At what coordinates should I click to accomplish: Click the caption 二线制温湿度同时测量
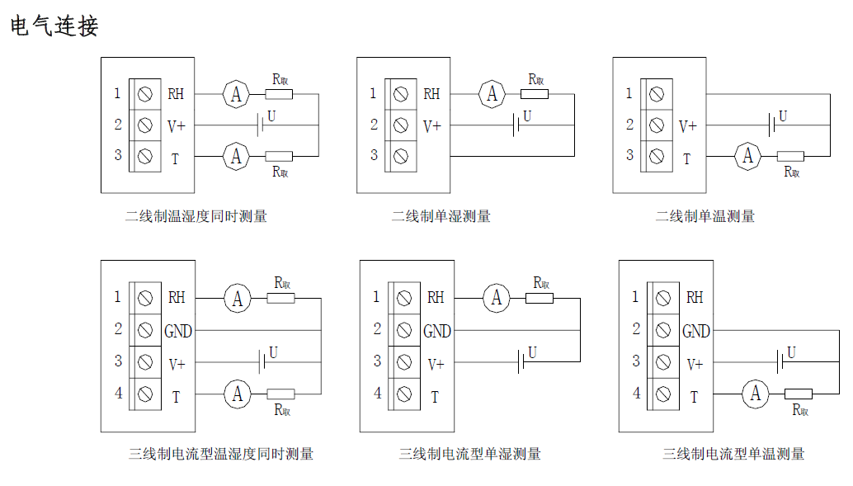196,216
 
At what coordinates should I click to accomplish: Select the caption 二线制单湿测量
441,216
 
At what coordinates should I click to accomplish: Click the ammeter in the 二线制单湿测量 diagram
492,93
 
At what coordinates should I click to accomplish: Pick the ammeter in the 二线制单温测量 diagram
748,155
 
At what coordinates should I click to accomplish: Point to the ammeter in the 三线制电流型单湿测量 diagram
497,298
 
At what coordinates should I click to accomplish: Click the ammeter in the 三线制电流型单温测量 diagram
755,394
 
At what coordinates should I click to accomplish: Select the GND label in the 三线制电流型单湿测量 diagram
437,331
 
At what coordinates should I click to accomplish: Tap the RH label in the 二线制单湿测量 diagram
431,94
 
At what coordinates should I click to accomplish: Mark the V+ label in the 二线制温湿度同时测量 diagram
177,126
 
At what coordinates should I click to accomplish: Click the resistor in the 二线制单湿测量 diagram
535,94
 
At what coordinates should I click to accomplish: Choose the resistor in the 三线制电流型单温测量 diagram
798,394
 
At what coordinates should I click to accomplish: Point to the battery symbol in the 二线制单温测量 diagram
772,125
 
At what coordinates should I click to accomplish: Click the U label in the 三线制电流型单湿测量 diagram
532,352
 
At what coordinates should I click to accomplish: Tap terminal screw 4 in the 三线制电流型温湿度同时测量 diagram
146,393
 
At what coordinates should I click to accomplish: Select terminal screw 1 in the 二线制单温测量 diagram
657,94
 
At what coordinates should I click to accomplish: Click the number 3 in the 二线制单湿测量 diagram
374,155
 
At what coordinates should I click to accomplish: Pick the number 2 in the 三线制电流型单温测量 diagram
636,328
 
